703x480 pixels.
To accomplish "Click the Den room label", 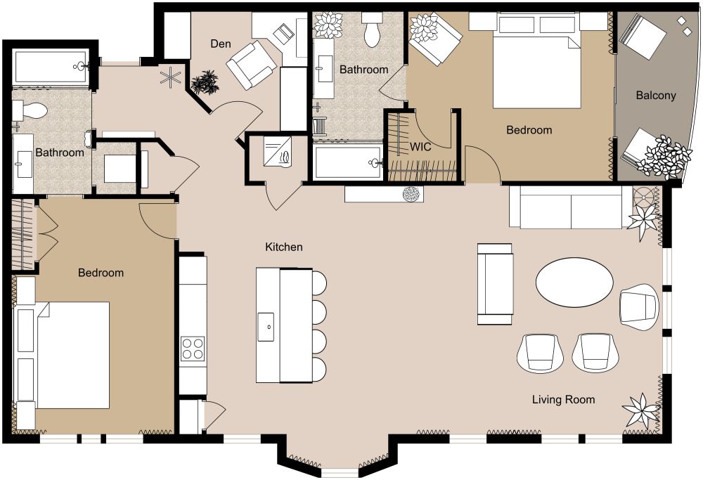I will click(x=221, y=44).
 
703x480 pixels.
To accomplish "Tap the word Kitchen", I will click(x=283, y=247).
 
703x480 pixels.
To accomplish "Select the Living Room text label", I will click(x=563, y=400).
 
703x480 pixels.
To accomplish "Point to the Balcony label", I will click(x=655, y=96).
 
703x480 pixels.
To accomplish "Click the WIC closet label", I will click(x=420, y=147).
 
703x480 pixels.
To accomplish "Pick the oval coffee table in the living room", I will click(x=574, y=283).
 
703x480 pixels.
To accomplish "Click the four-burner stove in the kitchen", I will click(x=193, y=348).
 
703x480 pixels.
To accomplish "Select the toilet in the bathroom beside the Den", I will click(x=372, y=32).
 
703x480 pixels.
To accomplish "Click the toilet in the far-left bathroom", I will click(x=31, y=110).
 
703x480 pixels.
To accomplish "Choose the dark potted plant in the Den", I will click(x=205, y=82).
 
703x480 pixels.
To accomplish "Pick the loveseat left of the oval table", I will click(x=495, y=284).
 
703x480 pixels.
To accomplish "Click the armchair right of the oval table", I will click(x=639, y=306).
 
